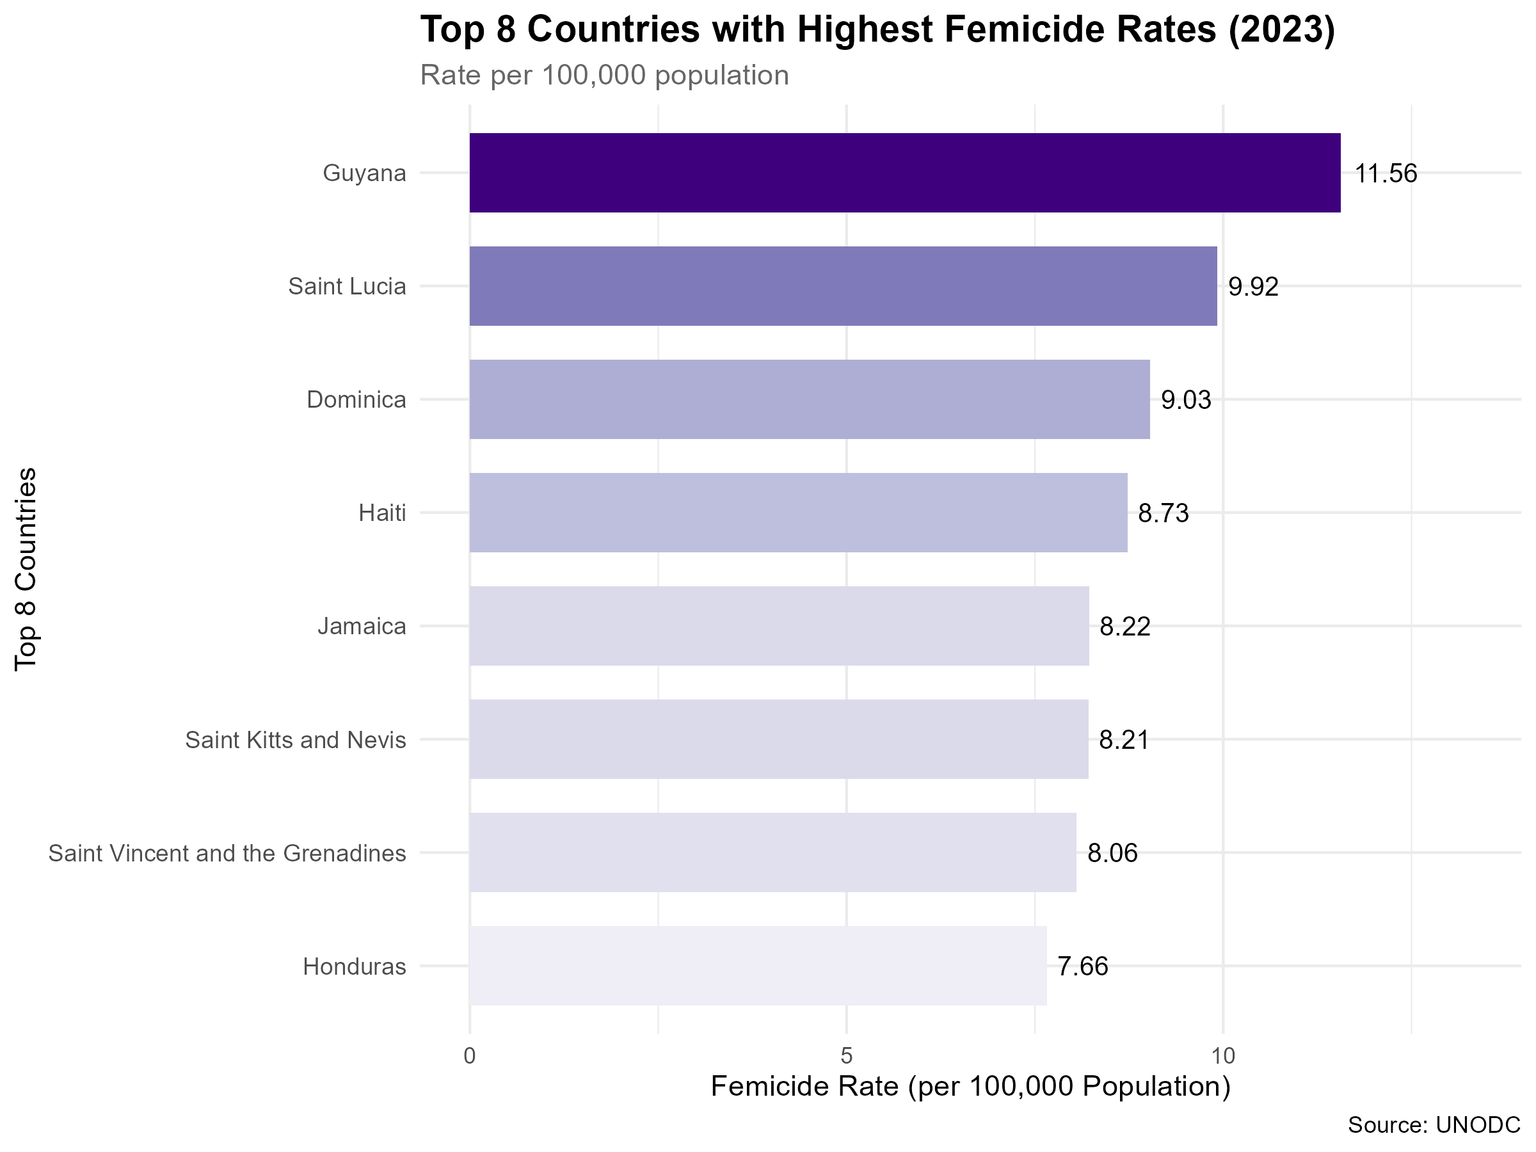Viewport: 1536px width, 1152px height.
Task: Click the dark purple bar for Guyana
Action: pyautogui.click(x=905, y=173)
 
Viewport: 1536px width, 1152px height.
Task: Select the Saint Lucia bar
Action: pyautogui.click(x=843, y=286)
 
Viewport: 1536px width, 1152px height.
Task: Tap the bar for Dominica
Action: pyautogui.click(x=810, y=399)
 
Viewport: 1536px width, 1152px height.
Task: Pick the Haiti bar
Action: pyautogui.click(x=799, y=513)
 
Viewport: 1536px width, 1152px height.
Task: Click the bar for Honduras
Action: pyautogui.click(x=758, y=965)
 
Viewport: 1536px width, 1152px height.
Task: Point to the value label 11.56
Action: pyautogui.click(x=1386, y=173)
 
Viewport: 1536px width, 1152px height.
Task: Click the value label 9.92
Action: pyautogui.click(x=1253, y=287)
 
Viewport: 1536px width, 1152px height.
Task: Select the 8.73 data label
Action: pyautogui.click(x=1164, y=513)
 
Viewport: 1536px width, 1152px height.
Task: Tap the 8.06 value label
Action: pyautogui.click(x=1112, y=852)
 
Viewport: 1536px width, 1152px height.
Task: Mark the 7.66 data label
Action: pyautogui.click(x=1084, y=966)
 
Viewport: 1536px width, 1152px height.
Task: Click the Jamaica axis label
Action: pyautogui.click(x=362, y=627)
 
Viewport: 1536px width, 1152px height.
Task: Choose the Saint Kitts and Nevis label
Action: pyautogui.click(x=295, y=740)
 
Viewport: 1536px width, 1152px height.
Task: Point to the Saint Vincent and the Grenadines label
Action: pyautogui.click(x=227, y=852)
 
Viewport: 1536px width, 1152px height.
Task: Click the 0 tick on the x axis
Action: pyautogui.click(x=469, y=1056)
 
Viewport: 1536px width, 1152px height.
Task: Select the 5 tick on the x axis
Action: pyautogui.click(x=847, y=1056)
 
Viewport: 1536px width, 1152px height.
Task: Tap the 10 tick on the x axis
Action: pyautogui.click(x=1224, y=1056)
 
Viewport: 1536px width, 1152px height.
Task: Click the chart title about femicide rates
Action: pyautogui.click(x=877, y=30)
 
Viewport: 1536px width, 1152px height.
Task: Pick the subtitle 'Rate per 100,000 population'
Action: pyautogui.click(x=605, y=75)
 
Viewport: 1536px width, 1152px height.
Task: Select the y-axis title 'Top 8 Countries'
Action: pyautogui.click(x=26, y=569)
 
